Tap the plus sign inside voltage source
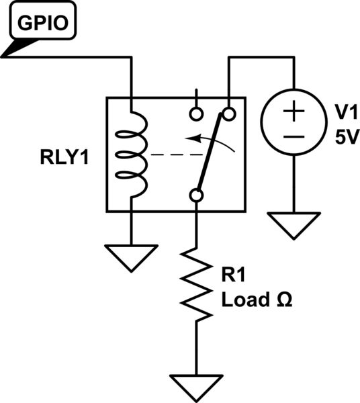point(293,112)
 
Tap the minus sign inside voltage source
point(293,136)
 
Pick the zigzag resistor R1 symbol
point(196,282)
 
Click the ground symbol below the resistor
point(196,385)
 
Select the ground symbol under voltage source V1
point(293,224)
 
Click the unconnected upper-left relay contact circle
point(196,113)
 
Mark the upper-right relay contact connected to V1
point(228,113)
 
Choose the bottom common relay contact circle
point(196,195)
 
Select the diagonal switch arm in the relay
point(212,154)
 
